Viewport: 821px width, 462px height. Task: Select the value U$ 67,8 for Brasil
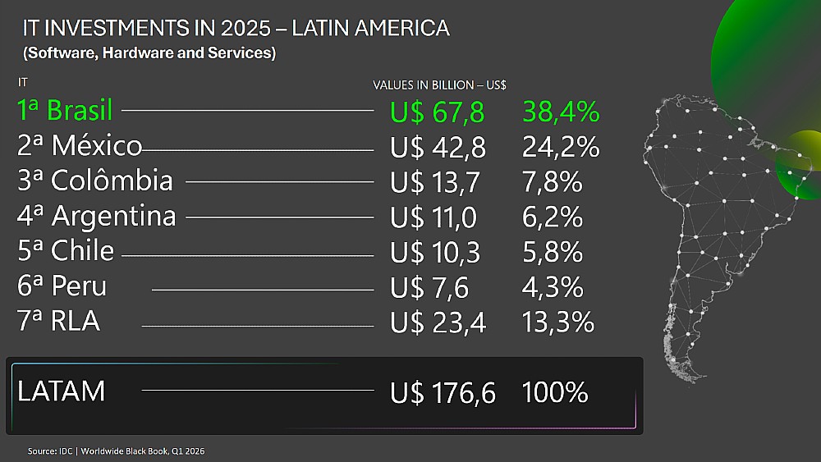click(438, 112)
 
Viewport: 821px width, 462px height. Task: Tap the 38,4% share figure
click(561, 112)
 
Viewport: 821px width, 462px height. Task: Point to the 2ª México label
click(79, 146)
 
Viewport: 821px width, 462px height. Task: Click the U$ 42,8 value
click(438, 148)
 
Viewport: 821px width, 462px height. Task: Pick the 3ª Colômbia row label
click(94, 181)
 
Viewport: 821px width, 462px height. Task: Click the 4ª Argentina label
click(96, 216)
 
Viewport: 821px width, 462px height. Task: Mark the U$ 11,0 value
click(433, 217)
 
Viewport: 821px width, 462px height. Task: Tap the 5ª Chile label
click(66, 250)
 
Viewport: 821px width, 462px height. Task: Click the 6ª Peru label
click(62, 286)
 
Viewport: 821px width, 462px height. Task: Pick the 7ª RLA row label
click(58, 321)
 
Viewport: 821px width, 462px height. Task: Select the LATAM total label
click(62, 391)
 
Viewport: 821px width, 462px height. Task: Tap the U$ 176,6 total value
click(443, 393)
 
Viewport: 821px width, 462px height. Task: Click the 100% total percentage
click(555, 393)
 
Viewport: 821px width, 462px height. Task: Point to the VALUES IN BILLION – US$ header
click(439, 85)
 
